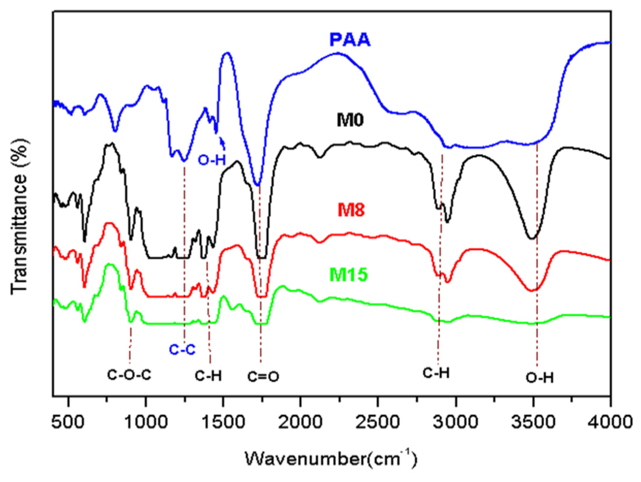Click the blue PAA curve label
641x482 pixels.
350,40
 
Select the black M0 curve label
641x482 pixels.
350,120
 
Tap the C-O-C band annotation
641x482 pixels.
129,375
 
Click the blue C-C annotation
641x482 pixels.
182,350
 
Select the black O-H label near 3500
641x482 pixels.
540,378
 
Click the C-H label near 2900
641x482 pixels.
436,373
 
